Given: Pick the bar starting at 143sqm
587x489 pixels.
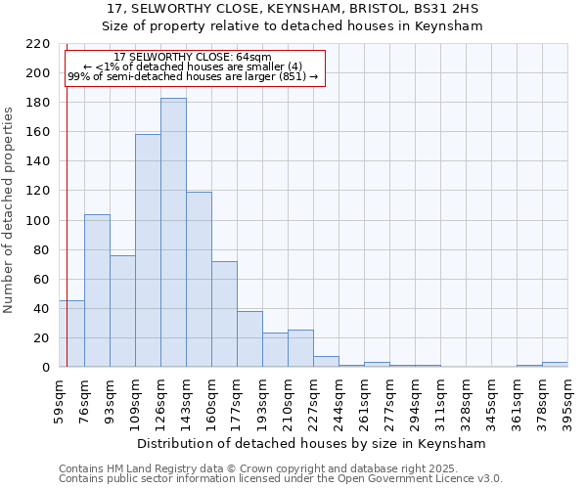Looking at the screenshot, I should (199, 280).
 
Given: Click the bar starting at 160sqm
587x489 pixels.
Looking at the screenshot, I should (224, 314).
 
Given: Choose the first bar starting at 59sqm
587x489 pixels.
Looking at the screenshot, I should (71, 333).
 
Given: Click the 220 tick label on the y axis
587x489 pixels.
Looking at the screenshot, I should (38, 44).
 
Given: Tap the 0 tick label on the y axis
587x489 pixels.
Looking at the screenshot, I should (46, 368).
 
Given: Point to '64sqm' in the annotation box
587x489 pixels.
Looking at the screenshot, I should (253, 58).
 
